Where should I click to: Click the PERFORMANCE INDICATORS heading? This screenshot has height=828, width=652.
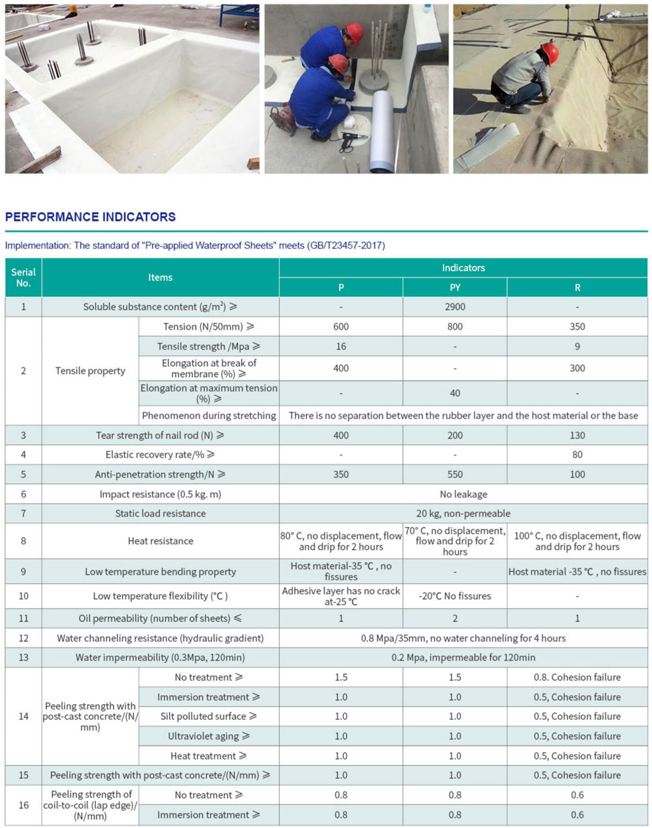point(91,217)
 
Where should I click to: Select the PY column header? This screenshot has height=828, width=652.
point(455,287)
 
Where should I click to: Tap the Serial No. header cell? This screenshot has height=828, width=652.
point(23,278)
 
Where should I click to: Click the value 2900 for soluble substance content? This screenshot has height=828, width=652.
point(455,307)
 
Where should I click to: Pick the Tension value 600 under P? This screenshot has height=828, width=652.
point(341,326)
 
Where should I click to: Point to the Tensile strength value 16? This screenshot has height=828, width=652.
point(341,347)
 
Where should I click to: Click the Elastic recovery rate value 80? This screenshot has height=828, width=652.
point(577,455)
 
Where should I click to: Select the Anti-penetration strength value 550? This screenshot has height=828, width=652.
point(455,474)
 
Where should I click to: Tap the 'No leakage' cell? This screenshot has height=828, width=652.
point(464,494)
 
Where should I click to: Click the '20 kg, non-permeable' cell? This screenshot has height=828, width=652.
point(464,513)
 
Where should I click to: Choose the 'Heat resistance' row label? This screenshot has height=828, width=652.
point(160,541)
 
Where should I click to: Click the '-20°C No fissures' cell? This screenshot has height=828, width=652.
point(455,596)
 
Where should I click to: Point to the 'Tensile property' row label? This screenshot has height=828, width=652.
point(90,371)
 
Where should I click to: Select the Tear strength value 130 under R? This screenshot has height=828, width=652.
point(577,435)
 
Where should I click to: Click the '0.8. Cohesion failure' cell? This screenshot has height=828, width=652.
point(577,678)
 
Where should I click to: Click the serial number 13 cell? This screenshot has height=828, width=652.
point(23,657)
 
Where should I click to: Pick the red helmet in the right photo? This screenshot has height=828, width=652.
point(550,54)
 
